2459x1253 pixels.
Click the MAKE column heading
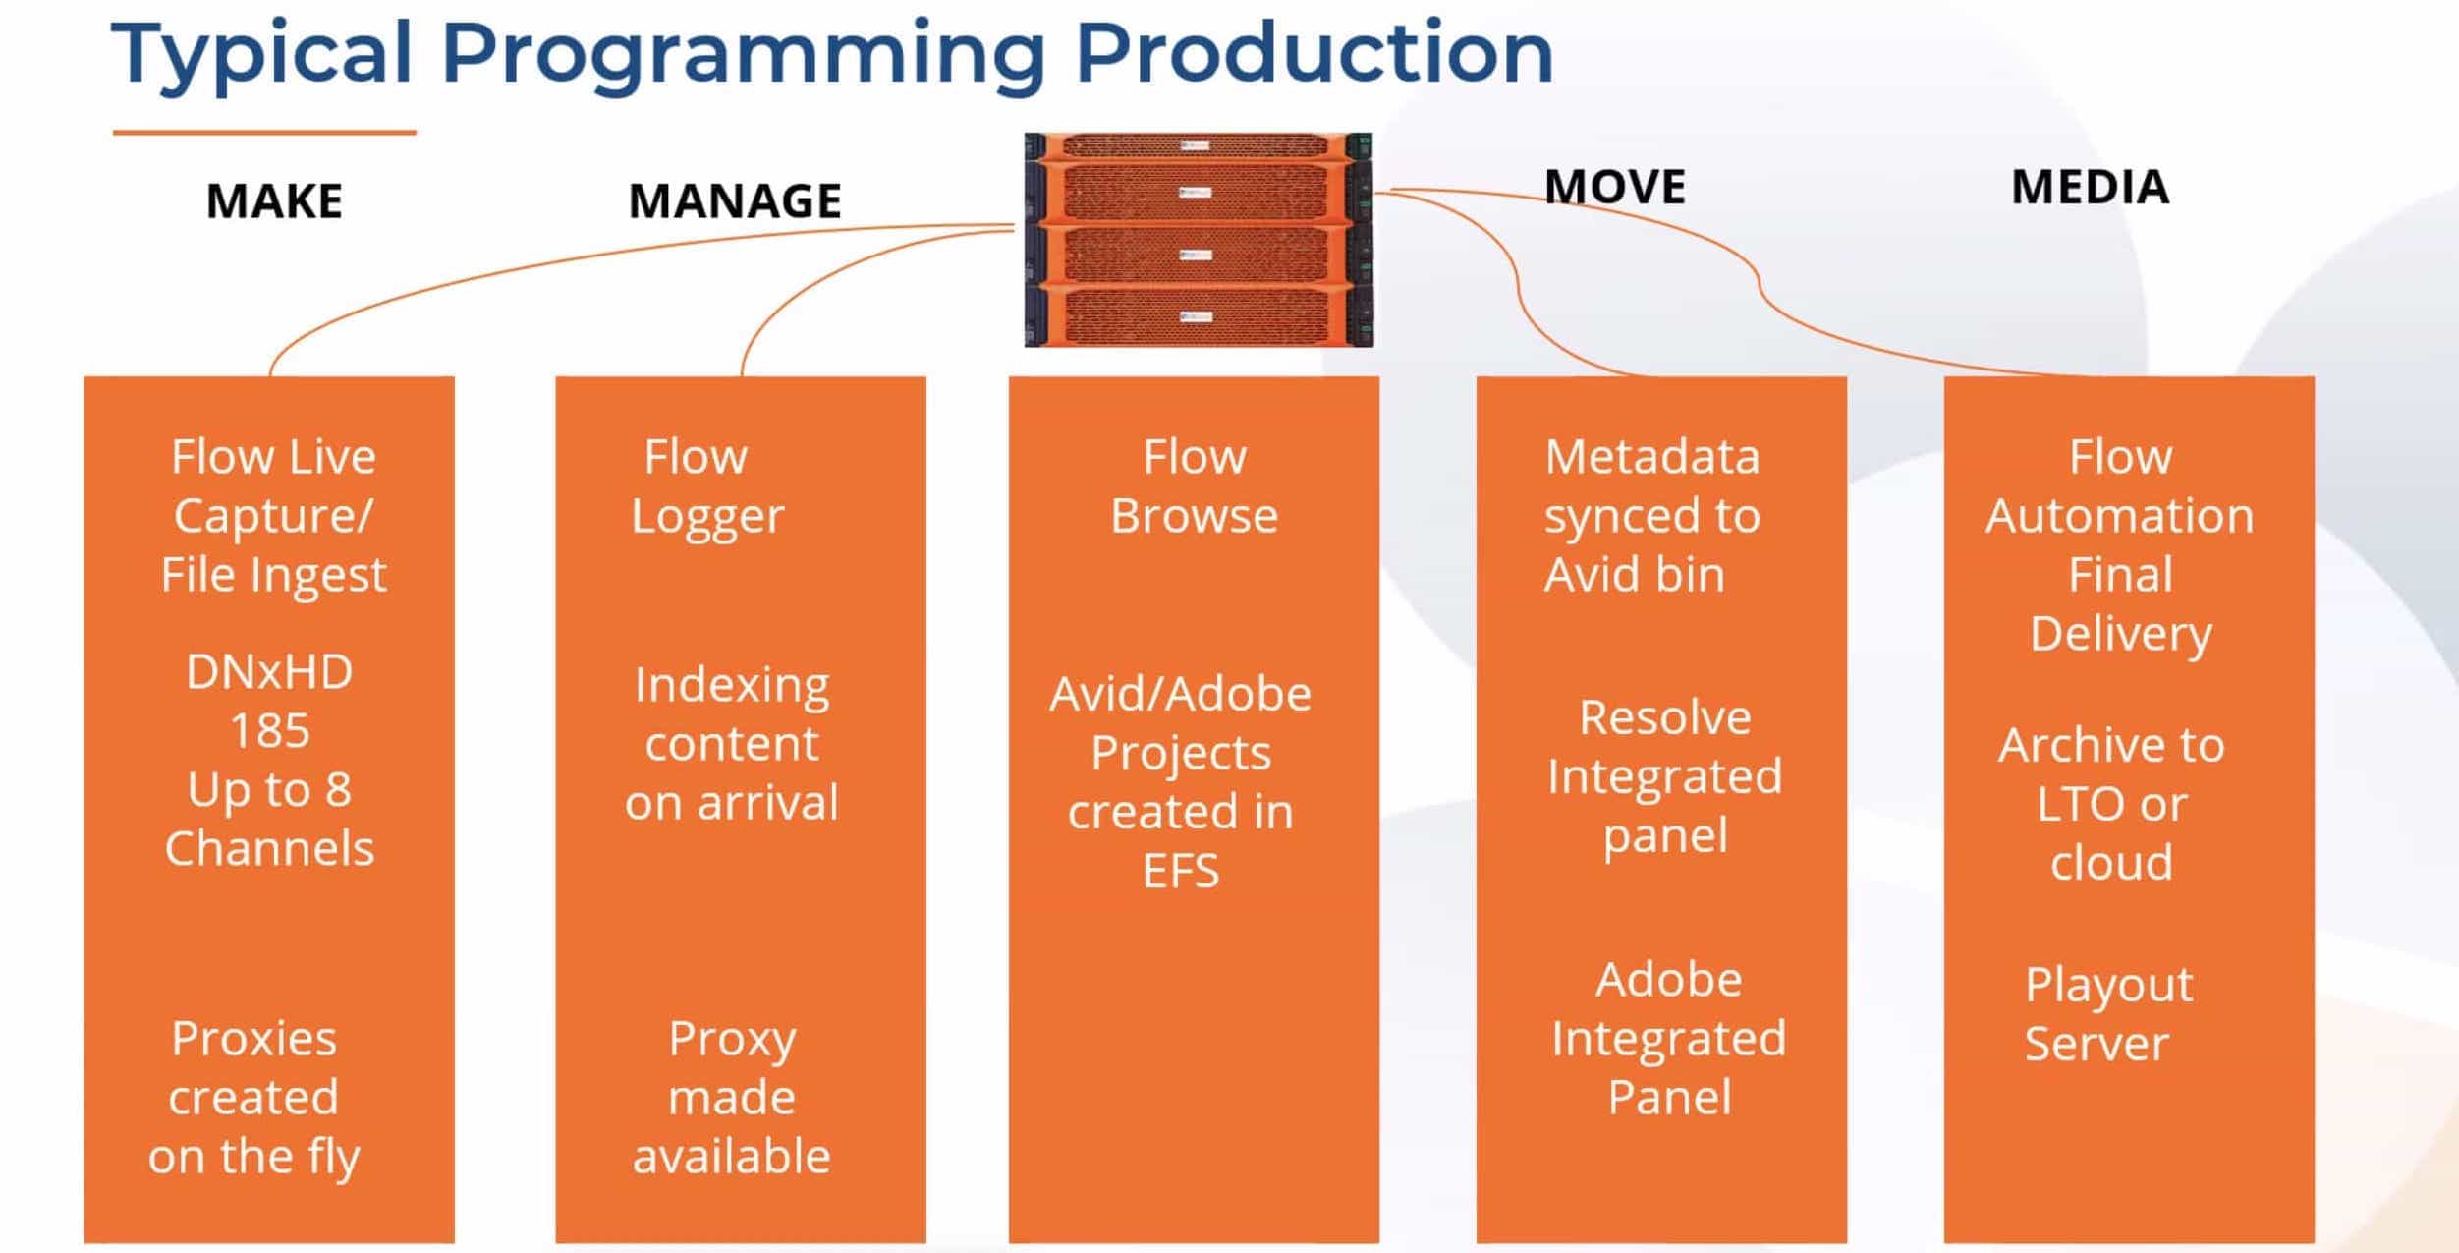[274, 200]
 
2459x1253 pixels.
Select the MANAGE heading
[735, 200]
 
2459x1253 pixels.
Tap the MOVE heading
[1615, 187]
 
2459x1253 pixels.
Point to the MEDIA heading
[2090, 187]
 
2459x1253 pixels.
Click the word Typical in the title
[261, 55]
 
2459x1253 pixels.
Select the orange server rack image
[1199, 240]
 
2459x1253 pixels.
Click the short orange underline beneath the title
[264, 132]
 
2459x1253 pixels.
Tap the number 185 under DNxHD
[269, 731]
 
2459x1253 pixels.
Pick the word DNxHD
[269, 672]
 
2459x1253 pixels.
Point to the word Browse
[1194, 516]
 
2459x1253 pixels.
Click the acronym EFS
[1181, 871]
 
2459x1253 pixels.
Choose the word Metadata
[1651, 457]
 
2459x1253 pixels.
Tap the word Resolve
[1665, 717]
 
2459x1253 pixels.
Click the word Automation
[2120, 516]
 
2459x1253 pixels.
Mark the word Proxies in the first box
[253, 1039]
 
